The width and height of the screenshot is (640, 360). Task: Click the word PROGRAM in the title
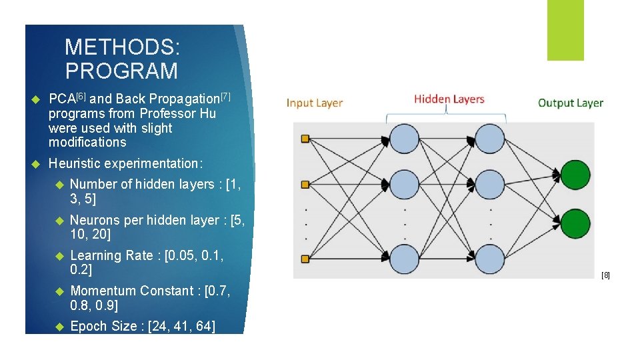click(121, 71)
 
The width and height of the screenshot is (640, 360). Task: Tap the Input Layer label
click(315, 103)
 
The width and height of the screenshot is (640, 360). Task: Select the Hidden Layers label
click(449, 99)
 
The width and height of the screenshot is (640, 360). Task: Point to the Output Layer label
click(570, 103)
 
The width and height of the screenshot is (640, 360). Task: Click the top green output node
click(575, 174)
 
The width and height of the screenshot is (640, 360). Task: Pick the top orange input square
click(306, 139)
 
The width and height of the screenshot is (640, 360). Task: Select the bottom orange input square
click(306, 258)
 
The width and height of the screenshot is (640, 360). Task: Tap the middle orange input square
click(306, 183)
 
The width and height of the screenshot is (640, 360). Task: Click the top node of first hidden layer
click(404, 139)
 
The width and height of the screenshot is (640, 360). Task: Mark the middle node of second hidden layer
click(490, 184)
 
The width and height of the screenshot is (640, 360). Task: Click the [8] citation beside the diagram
click(605, 275)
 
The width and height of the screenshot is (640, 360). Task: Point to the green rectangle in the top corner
click(565, 30)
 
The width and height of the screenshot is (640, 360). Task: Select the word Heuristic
click(75, 163)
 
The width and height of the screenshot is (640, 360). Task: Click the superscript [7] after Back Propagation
click(225, 97)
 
